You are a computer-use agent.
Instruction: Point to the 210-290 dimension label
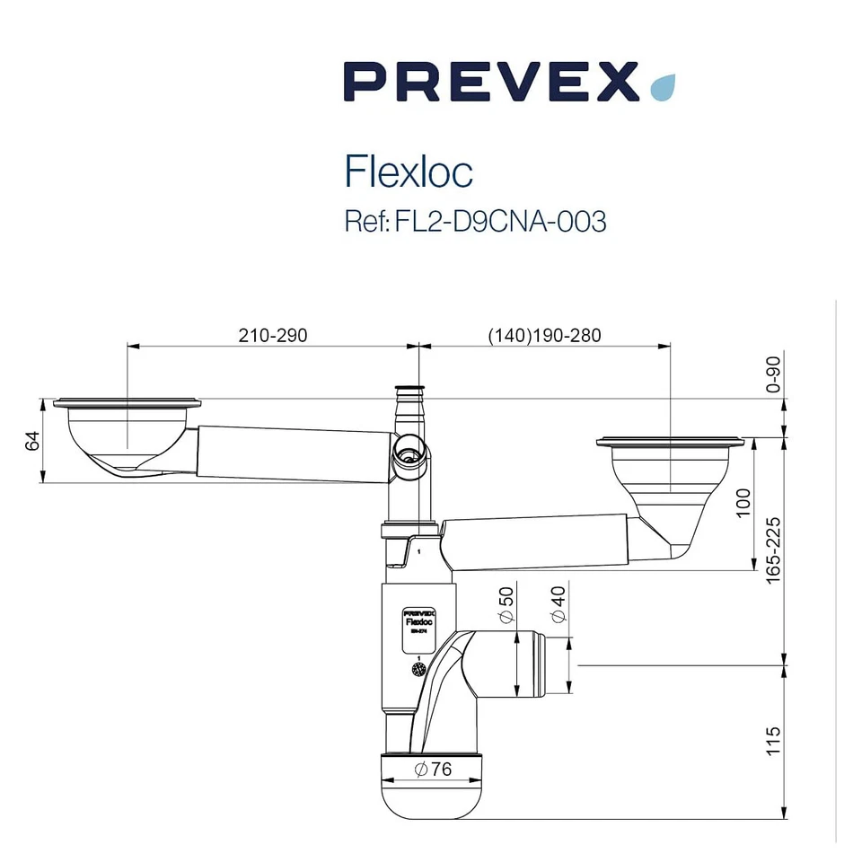click(273, 335)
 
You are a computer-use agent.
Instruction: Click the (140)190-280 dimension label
click(544, 335)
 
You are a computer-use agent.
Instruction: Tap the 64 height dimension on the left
click(32, 441)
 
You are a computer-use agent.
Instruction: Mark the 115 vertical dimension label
click(774, 742)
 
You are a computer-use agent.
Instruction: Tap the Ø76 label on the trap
click(433, 770)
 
